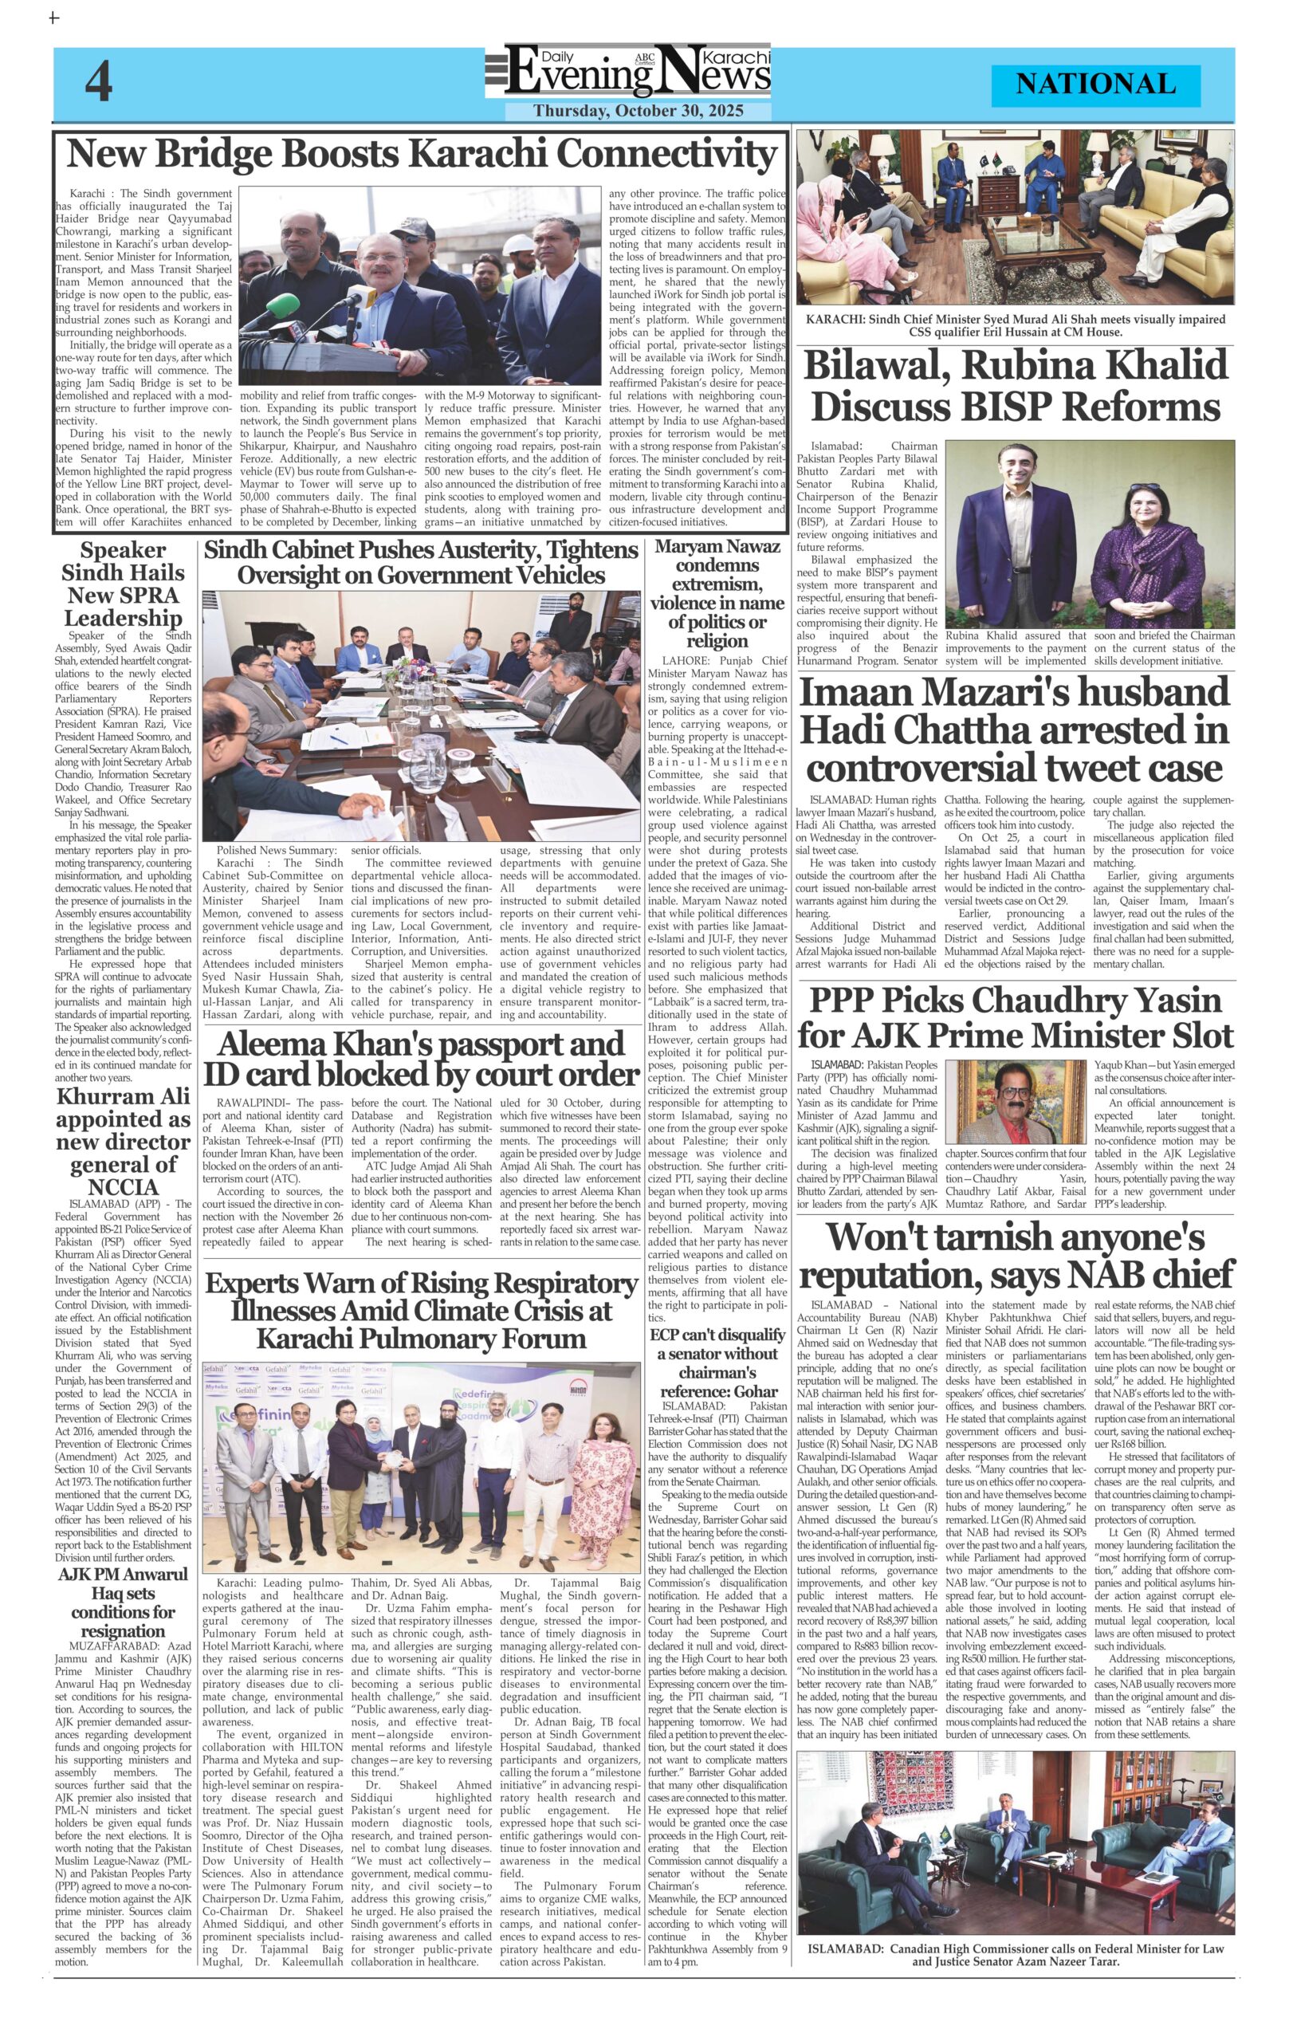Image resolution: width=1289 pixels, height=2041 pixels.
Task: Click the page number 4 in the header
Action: [98, 83]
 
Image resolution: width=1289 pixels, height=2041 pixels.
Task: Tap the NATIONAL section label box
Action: [1095, 85]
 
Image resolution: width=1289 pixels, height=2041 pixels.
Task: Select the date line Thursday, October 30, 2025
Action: [637, 111]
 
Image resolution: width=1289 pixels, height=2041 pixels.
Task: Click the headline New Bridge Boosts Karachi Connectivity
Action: [421, 155]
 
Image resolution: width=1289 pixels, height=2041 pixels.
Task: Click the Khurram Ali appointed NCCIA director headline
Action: [123, 1141]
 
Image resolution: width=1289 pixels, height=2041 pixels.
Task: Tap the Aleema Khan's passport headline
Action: [421, 1059]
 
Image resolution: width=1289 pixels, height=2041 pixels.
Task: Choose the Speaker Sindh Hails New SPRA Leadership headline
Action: [123, 584]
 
